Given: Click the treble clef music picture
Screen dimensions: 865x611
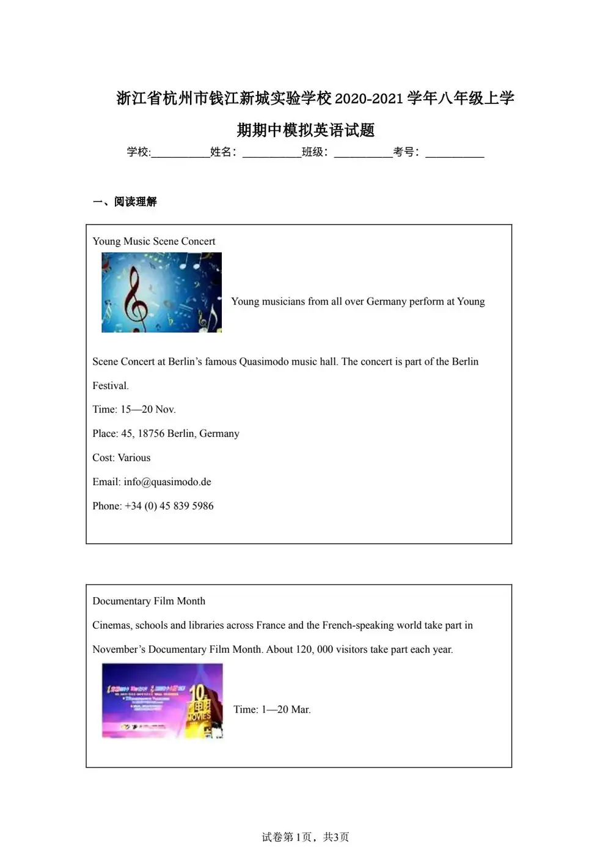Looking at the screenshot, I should [x=161, y=292].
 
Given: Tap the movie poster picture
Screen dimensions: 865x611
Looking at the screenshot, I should [x=162, y=701].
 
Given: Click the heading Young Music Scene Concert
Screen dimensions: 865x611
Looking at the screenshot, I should [x=154, y=242].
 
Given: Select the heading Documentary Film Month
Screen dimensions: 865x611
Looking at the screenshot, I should [x=148, y=601].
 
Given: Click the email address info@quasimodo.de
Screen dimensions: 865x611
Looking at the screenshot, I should [x=167, y=482].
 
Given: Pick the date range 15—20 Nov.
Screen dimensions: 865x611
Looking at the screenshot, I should [x=148, y=410].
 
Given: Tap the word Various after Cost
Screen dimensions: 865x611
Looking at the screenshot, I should [x=134, y=458].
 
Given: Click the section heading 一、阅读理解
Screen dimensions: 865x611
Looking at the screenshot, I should [x=125, y=202].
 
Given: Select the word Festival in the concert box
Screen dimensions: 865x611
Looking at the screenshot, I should [x=110, y=386].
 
